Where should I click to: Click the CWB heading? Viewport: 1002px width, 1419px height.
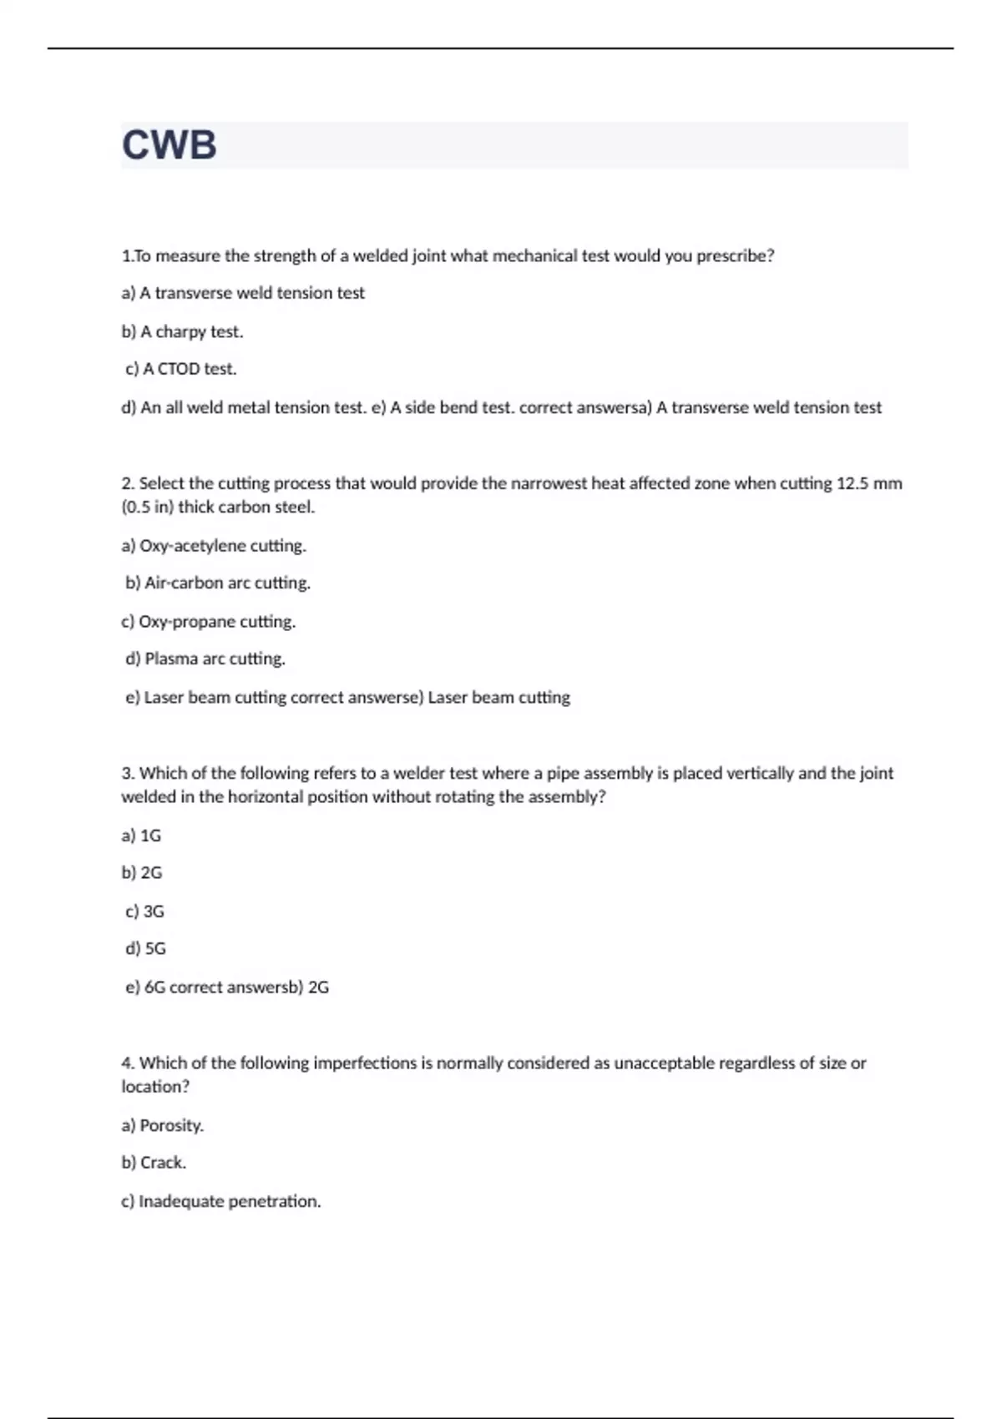click(170, 145)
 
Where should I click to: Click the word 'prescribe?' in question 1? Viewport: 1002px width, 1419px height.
click(735, 256)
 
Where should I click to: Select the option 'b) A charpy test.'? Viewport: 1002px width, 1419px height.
click(182, 331)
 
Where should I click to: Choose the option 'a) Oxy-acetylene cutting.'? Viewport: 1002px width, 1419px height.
click(214, 546)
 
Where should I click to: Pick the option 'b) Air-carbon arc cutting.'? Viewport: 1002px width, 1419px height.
click(218, 583)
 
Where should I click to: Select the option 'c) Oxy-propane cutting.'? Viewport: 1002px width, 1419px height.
click(209, 622)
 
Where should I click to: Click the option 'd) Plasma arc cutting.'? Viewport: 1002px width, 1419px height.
click(205, 659)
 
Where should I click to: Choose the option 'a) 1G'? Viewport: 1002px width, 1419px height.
click(141, 836)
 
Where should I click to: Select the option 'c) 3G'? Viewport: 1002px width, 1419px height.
click(144, 911)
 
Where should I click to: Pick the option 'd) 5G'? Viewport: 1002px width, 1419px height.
click(145, 948)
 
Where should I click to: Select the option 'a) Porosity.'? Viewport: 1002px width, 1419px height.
click(163, 1125)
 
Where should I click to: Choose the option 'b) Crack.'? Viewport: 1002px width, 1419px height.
click(154, 1163)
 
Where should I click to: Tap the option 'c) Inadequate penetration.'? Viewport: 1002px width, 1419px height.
click(221, 1201)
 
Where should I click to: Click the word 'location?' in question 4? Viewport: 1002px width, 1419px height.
click(155, 1087)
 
